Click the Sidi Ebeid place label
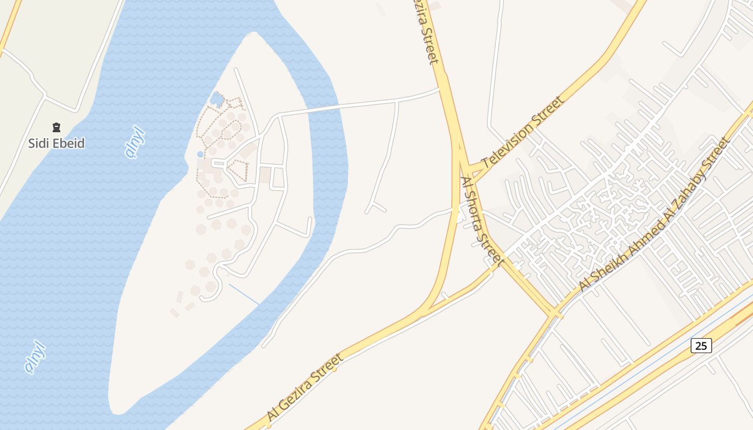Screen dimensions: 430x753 [x=56, y=144]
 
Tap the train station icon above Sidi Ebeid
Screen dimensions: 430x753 [x=56, y=127]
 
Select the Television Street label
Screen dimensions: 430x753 [x=523, y=132]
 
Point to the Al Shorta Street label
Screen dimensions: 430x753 [x=482, y=220]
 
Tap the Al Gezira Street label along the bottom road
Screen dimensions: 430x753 [x=304, y=387]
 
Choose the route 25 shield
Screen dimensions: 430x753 [x=701, y=346]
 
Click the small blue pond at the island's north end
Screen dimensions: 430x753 [x=217, y=99]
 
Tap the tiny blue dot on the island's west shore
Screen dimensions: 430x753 [x=200, y=154]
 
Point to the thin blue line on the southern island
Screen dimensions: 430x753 [x=244, y=294]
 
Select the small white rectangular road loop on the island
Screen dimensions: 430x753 [x=278, y=177]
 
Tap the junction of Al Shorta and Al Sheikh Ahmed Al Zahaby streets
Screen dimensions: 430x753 [x=554, y=312]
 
